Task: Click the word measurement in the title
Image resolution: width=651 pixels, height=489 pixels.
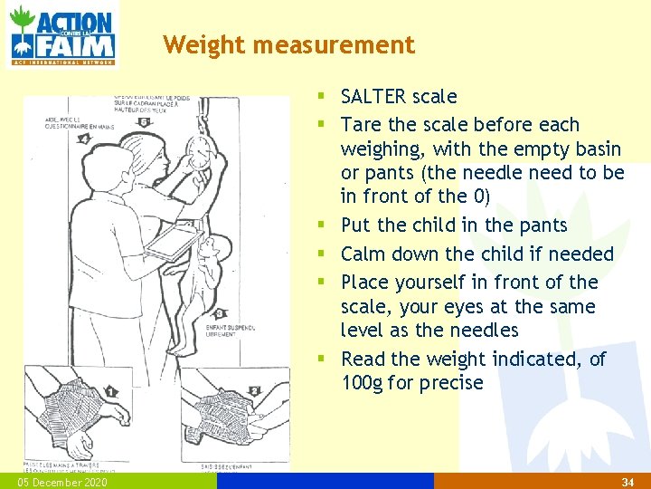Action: pyautogui.click(x=331, y=44)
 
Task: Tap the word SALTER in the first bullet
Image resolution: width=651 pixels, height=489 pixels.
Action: pyautogui.click(x=373, y=96)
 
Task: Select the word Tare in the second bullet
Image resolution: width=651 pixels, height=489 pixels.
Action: pyautogui.click(x=360, y=124)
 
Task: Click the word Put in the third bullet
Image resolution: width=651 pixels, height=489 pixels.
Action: pyautogui.click(x=355, y=225)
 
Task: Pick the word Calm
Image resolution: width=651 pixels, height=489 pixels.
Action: pyautogui.click(x=363, y=254)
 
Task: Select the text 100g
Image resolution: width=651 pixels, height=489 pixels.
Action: pyautogui.click(x=363, y=382)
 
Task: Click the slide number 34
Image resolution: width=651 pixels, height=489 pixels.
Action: pyautogui.click(x=627, y=483)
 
